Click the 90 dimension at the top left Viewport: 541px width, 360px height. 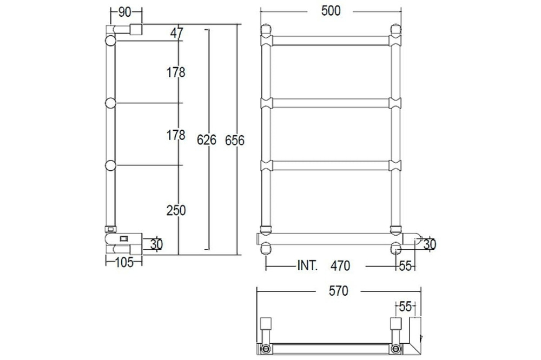tap(124, 12)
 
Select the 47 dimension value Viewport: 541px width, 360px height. tap(177, 33)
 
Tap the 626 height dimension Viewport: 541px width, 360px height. tap(206, 139)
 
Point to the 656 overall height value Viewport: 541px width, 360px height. tap(235, 141)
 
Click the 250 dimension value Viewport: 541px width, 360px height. tap(176, 210)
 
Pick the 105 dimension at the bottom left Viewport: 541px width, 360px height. tap(124, 263)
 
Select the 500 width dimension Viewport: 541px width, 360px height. tap(331, 11)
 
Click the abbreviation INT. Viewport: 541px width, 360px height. tap(307, 265)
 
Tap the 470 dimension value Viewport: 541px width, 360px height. tap(340, 266)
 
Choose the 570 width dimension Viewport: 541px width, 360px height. tap(339, 291)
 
